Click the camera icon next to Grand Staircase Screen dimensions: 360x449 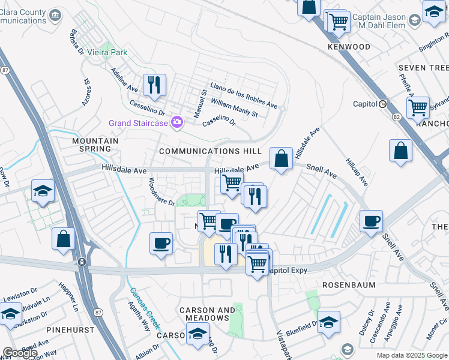pos(176,122)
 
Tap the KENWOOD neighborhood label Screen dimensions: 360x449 pos(349,46)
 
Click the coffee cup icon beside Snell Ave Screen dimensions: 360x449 pos(372,221)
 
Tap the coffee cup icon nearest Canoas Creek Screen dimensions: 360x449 pos(160,243)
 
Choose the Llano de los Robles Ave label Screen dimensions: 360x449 pos(243,95)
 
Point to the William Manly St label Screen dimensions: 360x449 pos(234,109)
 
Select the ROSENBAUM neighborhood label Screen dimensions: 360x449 pos(349,285)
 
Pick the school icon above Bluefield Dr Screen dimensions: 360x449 pos(328,322)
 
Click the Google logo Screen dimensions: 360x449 pos(20,353)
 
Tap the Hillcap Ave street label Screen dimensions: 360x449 pos(355,172)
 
